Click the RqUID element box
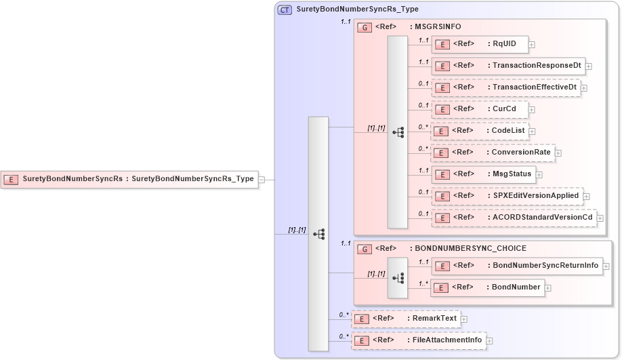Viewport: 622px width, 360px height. [x=480, y=45]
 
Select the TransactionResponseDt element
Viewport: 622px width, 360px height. [x=508, y=66]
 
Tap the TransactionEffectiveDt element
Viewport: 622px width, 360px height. [x=506, y=88]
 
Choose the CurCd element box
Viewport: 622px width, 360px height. [x=480, y=109]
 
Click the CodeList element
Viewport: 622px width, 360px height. [x=480, y=131]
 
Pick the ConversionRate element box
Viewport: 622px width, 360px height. [x=493, y=153]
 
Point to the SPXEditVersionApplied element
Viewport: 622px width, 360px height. [x=507, y=196]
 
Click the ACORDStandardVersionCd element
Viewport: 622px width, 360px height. [x=514, y=218]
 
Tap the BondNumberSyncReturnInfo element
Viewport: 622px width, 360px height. [x=517, y=266]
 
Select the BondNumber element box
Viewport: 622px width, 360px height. [x=488, y=287]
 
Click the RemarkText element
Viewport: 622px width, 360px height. [x=405, y=319]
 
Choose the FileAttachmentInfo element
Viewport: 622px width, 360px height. [x=418, y=340]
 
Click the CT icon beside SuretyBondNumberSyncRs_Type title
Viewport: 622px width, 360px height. [x=285, y=9]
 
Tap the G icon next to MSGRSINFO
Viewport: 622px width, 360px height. [x=365, y=27]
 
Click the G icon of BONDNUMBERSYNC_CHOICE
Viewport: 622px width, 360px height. [x=365, y=249]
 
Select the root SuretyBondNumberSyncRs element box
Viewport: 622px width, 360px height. [x=129, y=180]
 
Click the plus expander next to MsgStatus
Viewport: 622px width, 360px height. [x=539, y=175]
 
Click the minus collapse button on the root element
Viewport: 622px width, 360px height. [x=262, y=180]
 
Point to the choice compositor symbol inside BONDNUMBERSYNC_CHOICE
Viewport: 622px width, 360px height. [x=398, y=277]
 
